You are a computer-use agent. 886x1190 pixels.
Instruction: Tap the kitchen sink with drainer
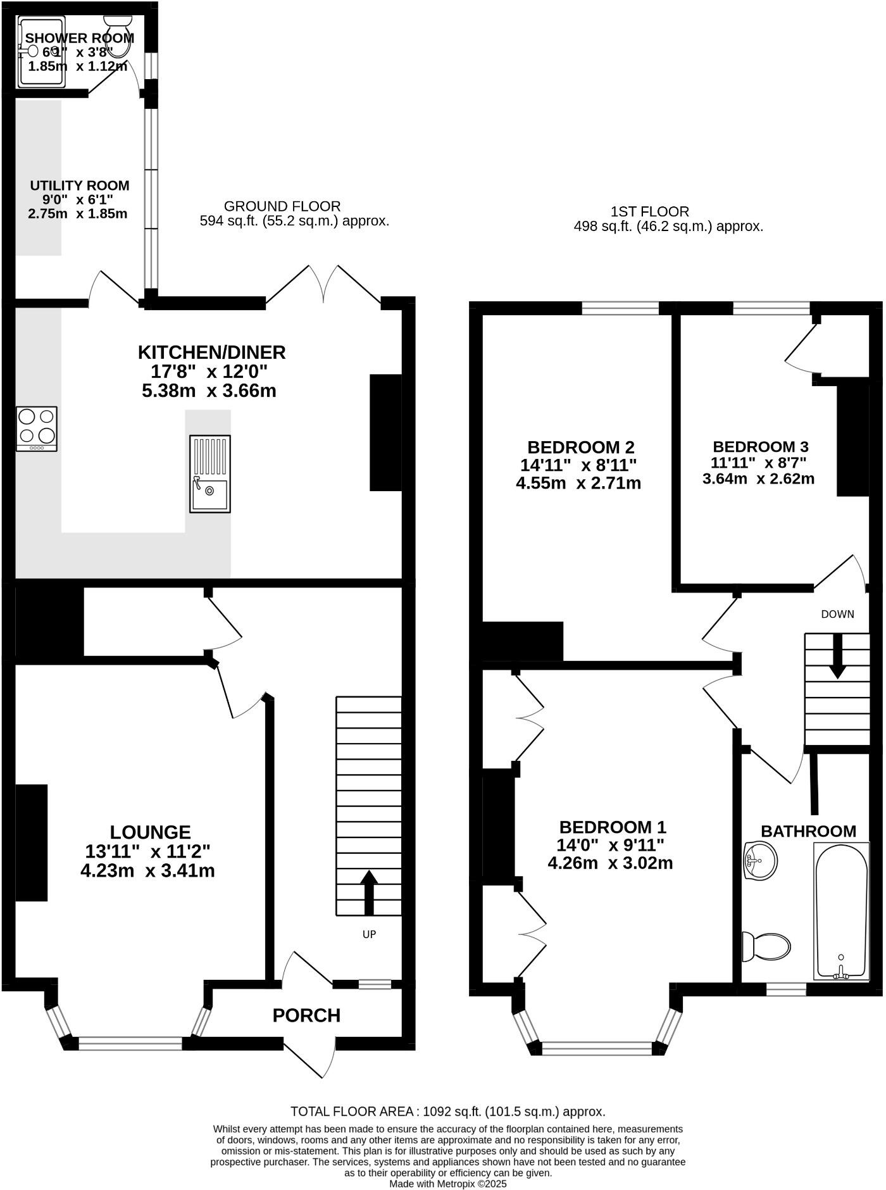point(210,473)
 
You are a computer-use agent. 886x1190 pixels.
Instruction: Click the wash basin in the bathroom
point(760,861)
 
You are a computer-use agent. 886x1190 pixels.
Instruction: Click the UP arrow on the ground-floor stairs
point(369,892)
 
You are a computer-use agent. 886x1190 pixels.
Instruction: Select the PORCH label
point(306,1015)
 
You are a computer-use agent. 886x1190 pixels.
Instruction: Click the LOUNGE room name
point(150,832)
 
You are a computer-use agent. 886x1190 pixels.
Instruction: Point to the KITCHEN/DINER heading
point(212,352)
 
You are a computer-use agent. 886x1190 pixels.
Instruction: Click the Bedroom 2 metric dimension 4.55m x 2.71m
point(578,484)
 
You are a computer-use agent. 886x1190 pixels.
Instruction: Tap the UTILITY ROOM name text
point(80,185)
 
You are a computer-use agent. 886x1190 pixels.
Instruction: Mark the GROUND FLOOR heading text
point(282,206)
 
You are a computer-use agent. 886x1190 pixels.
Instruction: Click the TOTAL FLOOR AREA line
point(447,1112)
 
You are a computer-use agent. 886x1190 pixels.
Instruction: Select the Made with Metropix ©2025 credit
point(447,1183)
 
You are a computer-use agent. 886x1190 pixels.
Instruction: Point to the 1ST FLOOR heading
point(650,211)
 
